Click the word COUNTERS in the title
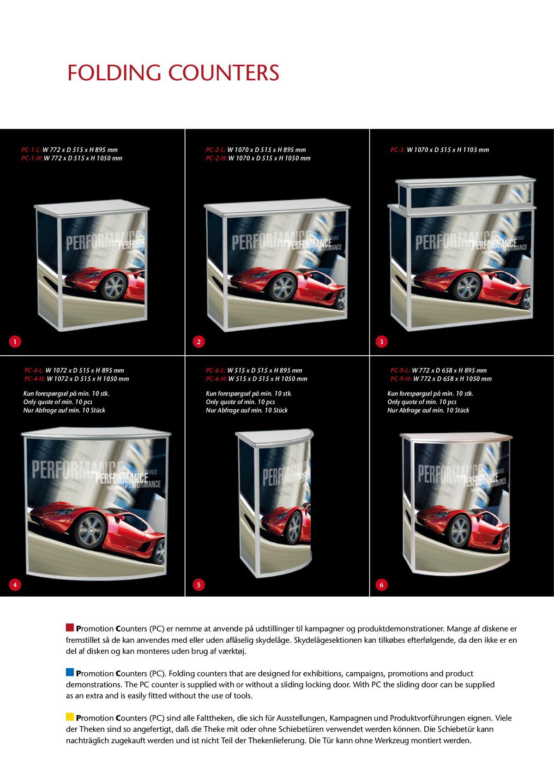224,73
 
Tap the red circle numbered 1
15,341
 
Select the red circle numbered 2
199,341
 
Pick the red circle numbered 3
382,341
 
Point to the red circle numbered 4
15,585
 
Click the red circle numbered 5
199,585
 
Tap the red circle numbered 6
382,585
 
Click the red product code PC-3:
397,150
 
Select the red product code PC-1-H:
32,158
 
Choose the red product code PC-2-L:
216,150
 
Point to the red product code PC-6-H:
217,379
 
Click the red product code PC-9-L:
400,371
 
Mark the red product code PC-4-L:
34,371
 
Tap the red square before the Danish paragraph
70,628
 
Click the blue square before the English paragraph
70,672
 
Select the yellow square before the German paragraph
70,717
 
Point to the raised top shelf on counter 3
465,193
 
